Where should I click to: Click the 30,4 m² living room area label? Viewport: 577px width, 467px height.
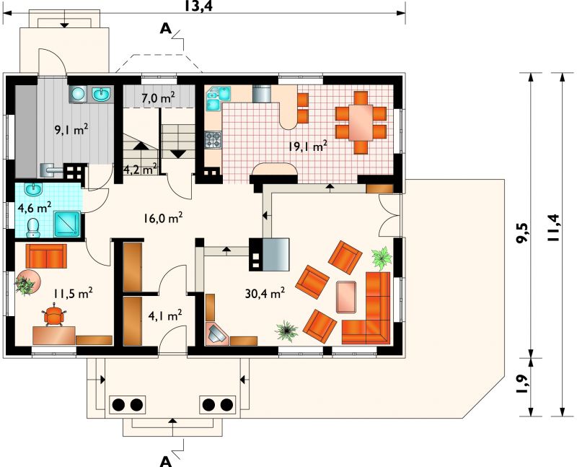pyautogui.click(x=265, y=293)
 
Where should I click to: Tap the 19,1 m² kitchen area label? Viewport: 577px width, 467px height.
pyautogui.click(x=308, y=147)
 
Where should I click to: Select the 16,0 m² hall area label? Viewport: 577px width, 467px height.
pyautogui.click(x=164, y=218)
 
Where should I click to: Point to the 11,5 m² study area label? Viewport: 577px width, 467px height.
pyautogui.click(x=73, y=293)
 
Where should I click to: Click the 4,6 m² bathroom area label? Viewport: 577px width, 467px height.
pyautogui.click(x=35, y=208)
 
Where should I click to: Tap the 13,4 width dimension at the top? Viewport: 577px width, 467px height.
pyautogui.click(x=199, y=6)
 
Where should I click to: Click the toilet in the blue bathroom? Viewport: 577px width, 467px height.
pyautogui.click(x=33, y=228)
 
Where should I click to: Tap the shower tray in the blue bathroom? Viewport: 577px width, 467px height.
pyautogui.click(x=67, y=224)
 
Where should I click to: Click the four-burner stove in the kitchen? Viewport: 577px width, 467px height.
pyautogui.click(x=213, y=140)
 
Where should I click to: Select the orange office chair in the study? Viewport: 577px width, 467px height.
pyautogui.click(x=54, y=315)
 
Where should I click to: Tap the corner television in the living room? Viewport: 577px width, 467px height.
pyautogui.click(x=218, y=334)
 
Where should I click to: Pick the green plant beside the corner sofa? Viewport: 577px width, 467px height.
pyautogui.click(x=382, y=257)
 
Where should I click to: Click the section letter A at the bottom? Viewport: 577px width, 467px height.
pyautogui.click(x=166, y=461)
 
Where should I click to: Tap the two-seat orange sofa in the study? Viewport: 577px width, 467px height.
pyautogui.click(x=46, y=256)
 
